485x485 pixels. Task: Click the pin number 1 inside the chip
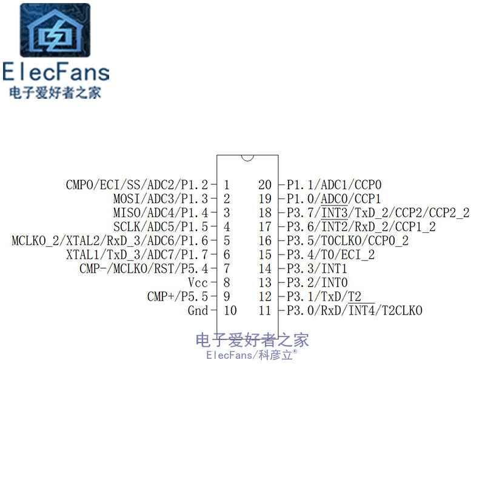point(226,184)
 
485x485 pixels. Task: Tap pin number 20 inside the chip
point(265,184)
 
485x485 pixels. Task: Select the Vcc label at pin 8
point(198,283)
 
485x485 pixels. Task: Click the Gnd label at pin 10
point(198,310)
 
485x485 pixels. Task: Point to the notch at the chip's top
point(247,158)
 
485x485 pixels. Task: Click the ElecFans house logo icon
point(55,30)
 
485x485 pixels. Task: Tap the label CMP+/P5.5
point(177,296)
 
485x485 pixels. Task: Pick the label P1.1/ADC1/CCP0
point(334,184)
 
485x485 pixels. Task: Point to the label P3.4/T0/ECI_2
point(330,255)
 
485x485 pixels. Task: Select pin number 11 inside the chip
point(265,310)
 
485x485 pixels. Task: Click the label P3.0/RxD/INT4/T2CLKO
point(354,310)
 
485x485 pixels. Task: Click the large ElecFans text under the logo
point(56,72)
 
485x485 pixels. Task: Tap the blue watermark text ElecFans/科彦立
point(252,355)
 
